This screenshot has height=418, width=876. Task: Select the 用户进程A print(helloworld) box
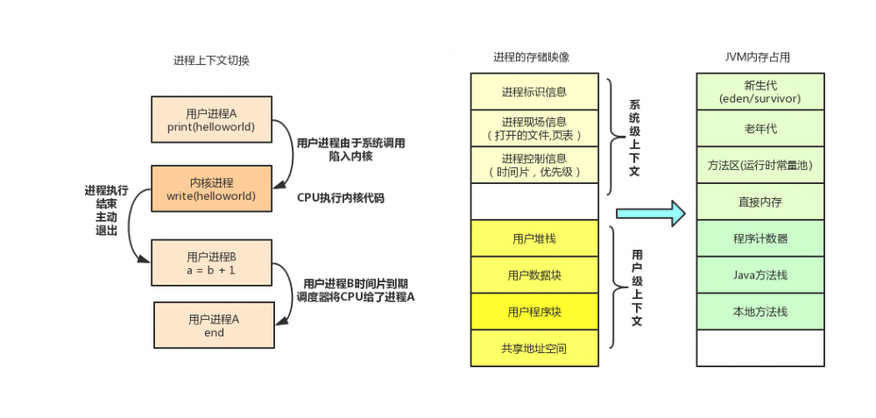[x=210, y=120]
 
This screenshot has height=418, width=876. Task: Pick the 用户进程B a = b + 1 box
[x=210, y=263]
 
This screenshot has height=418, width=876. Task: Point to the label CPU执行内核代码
[x=340, y=198]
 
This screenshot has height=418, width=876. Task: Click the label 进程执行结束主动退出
[x=105, y=210]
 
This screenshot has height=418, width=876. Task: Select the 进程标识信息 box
[x=533, y=92]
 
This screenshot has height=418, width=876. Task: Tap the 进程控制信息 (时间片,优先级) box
[x=533, y=165]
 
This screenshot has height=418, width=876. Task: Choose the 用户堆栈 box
[x=533, y=238]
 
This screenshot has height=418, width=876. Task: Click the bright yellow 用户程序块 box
[x=533, y=312]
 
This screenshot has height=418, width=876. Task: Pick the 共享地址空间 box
[x=533, y=348]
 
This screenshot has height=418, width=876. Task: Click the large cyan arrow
[x=650, y=213]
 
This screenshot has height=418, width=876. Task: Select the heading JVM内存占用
[x=759, y=58]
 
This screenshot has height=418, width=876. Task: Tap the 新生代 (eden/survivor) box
[x=759, y=92]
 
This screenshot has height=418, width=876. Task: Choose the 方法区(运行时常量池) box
[x=759, y=165]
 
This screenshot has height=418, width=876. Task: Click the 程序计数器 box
[x=759, y=238]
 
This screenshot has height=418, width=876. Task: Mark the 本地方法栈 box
[x=759, y=311]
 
